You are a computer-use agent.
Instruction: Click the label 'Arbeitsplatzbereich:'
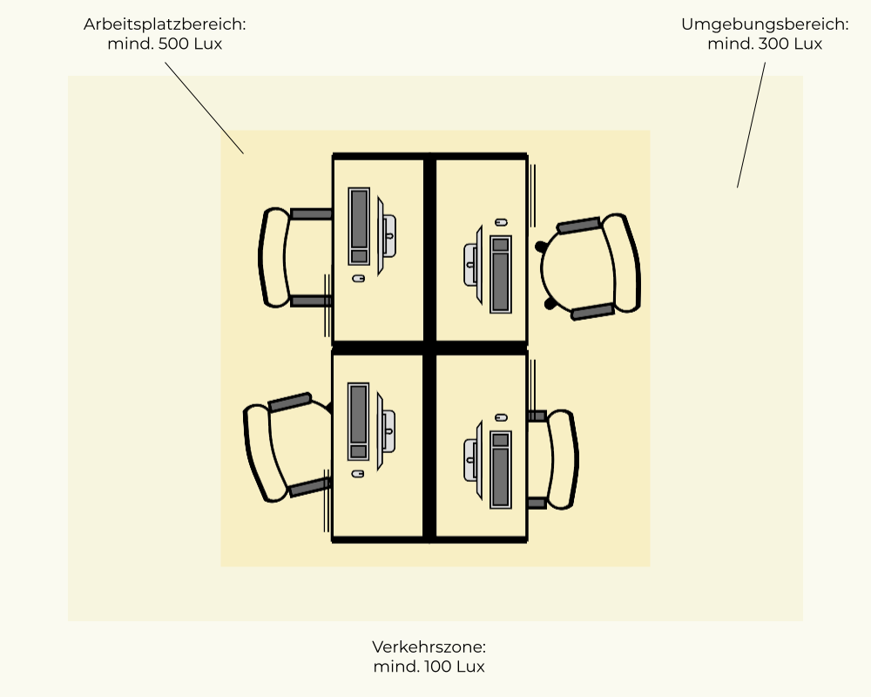(x=165, y=24)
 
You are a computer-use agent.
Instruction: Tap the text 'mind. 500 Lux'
(x=165, y=44)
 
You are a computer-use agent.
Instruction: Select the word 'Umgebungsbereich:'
(x=764, y=24)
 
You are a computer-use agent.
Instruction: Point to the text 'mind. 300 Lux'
(x=764, y=44)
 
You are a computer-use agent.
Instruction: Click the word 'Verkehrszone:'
(x=429, y=647)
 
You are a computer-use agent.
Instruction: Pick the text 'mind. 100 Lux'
(x=429, y=667)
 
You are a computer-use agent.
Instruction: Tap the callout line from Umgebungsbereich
(x=751, y=125)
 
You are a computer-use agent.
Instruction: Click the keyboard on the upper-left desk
(x=359, y=227)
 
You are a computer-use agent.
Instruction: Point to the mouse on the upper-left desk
(x=358, y=278)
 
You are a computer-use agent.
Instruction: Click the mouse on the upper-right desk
(x=500, y=223)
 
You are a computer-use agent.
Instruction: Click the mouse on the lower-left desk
(x=358, y=473)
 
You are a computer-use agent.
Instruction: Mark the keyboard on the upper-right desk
(x=500, y=274)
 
